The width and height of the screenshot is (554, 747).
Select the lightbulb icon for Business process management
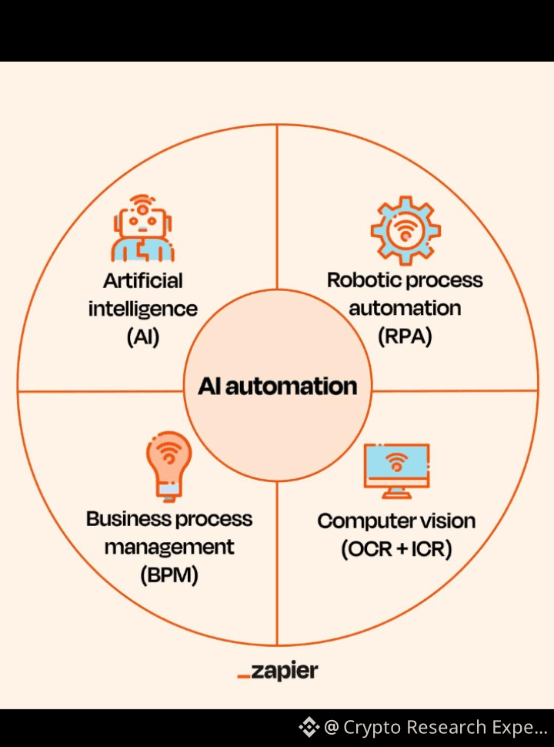169,465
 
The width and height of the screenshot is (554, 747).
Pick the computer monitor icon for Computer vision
396,470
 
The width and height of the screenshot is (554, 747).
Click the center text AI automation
277,386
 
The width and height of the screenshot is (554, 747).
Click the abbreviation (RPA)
405,337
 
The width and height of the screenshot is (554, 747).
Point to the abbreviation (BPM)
169,575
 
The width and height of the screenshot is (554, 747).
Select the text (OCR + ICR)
396,549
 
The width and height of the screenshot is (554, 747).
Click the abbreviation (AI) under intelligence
143,337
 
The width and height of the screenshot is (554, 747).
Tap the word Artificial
143,280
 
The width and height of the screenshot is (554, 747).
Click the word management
169,548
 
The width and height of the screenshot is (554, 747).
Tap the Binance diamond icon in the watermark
309,727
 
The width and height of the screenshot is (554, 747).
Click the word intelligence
143,309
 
